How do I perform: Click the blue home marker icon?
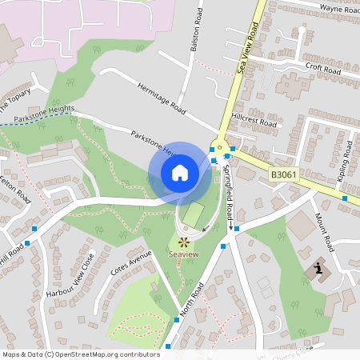click(180, 172)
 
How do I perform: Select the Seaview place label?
click(184, 254)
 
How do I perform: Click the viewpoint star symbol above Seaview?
click(184, 240)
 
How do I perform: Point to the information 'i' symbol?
click(320, 269)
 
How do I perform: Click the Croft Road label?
click(322, 70)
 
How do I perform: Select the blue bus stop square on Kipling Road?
click(345, 198)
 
